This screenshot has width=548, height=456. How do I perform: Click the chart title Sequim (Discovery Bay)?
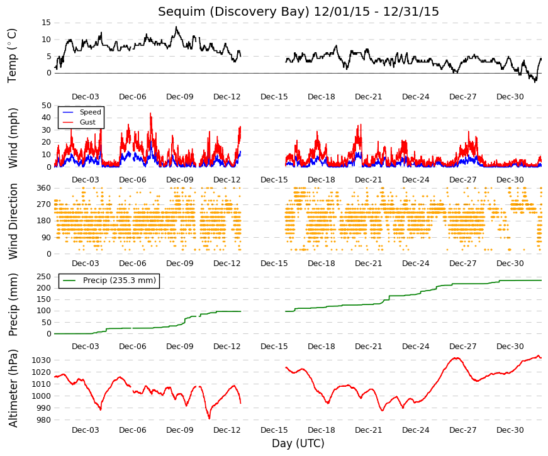click(x=233, y=11)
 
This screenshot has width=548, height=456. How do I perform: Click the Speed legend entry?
click(x=81, y=112)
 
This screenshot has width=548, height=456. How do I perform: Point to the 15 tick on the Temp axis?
click(x=46, y=23)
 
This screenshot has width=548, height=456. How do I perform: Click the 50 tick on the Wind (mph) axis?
click(x=46, y=106)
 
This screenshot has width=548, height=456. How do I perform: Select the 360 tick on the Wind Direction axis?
click(x=43, y=188)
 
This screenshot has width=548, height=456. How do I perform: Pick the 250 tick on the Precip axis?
click(x=43, y=277)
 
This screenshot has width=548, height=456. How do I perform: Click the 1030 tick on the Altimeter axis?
click(x=42, y=360)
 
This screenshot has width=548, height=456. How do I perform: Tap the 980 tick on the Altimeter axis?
click(x=43, y=420)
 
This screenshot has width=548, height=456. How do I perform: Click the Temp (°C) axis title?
click(x=12, y=56)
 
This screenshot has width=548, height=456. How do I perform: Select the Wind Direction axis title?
click(x=13, y=221)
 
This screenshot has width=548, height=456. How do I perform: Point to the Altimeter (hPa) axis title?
click(x=13, y=388)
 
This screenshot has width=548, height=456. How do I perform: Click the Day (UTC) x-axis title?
click(x=298, y=443)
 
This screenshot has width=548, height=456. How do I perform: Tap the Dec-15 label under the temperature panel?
click(x=274, y=97)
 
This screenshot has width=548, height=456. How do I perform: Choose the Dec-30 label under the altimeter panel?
click(x=510, y=430)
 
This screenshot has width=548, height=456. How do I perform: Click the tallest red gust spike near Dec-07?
click(x=150, y=113)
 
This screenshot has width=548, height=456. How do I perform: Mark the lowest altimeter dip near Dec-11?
click(x=210, y=418)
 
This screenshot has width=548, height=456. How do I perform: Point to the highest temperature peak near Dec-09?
click(x=176, y=27)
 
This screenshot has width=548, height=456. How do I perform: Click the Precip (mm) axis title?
click(x=13, y=304)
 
